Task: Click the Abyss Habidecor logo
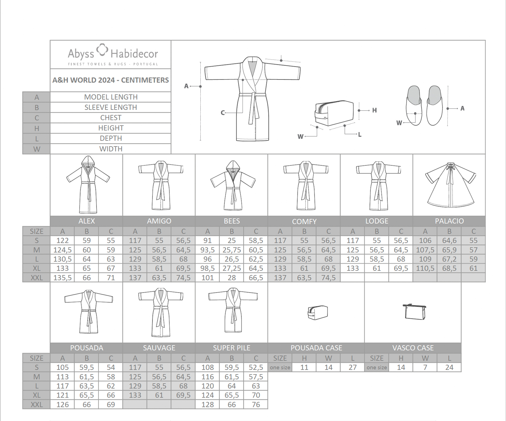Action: [113, 55]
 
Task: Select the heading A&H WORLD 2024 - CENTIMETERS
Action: [111, 80]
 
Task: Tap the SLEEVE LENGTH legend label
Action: [111, 107]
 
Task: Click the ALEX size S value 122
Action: [62, 240]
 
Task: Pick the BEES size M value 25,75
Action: [232, 250]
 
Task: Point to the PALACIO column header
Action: [449, 221]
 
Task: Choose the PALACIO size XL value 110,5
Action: [425, 268]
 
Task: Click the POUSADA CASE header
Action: [316, 348]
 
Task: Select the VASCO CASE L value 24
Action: [449, 367]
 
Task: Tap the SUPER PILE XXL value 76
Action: [256, 404]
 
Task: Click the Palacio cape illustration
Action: [450, 185]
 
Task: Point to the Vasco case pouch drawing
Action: [414, 312]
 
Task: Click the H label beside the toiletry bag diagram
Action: [374, 110]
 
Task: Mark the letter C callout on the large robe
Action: [223, 113]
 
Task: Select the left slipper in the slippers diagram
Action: [414, 105]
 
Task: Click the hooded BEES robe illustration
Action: [233, 185]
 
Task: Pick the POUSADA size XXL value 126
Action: [62, 404]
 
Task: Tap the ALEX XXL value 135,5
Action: [62, 278]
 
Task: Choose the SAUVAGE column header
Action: [159, 348]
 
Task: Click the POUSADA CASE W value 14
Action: [328, 367]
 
